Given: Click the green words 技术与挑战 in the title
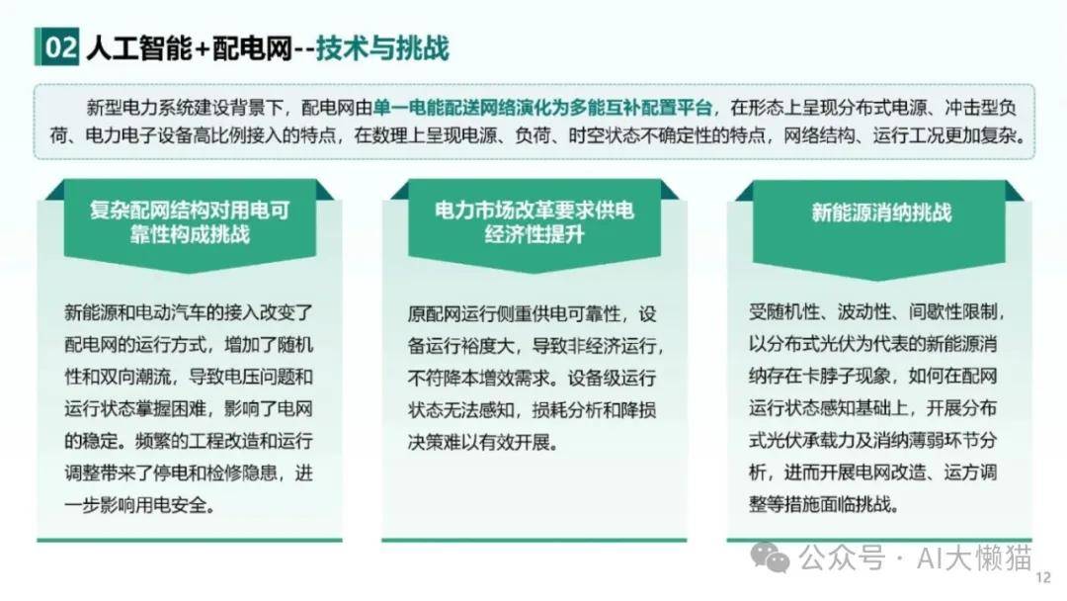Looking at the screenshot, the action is pyautogui.click(x=382, y=48).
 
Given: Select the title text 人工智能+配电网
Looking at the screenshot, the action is pyautogui.click(x=189, y=48).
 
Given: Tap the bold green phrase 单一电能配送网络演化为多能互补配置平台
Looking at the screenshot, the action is pyautogui.click(x=542, y=108).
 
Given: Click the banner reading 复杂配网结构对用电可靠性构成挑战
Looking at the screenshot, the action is pyautogui.click(x=190, y=222).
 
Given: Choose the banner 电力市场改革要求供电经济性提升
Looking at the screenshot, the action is pyautogui.click(x=534, y=222).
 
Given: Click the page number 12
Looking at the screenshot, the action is pyautogui.click(x=1043, y=578).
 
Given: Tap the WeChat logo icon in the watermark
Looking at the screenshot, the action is pyautogui.click(x=770, y=558).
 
